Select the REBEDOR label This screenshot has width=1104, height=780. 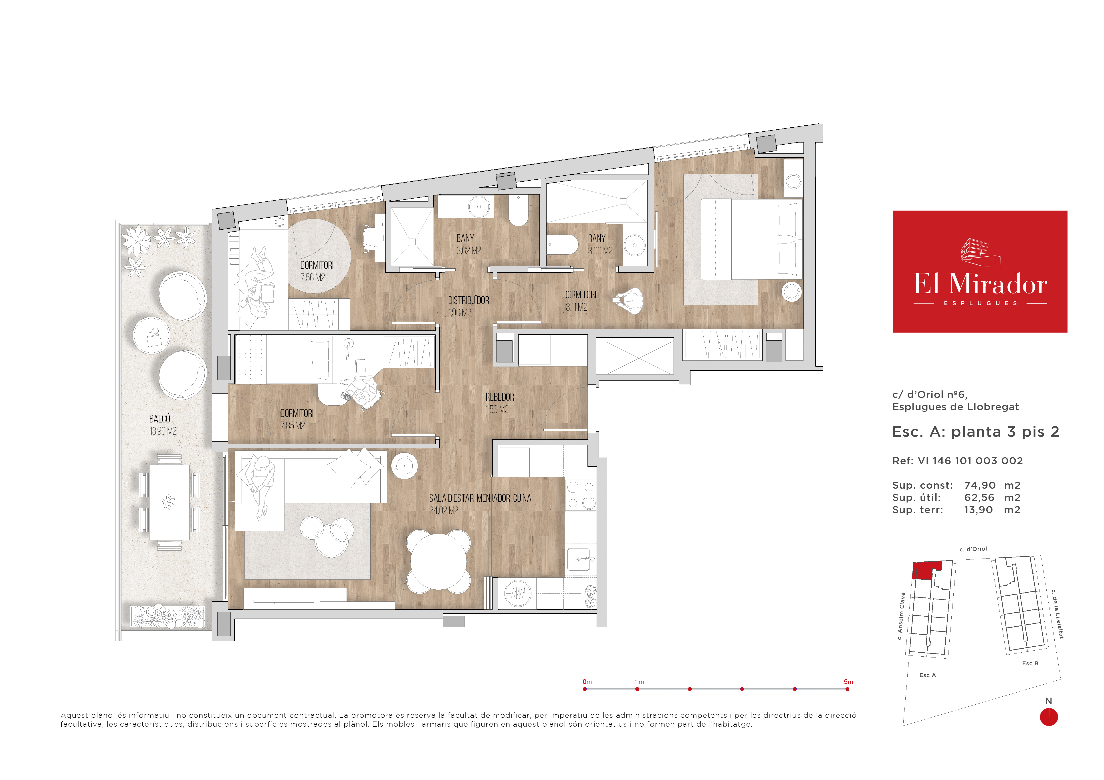[500, 397]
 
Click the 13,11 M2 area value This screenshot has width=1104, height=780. [575, 307]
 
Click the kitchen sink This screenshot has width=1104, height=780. [579, 559]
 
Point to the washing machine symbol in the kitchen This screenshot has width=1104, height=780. [517, 593]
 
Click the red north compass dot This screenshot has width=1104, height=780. [1049, 717]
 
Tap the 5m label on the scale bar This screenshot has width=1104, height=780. [848, 681]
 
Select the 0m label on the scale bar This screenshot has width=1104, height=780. [587, 681]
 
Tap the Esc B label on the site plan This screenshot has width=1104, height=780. [1030, 663]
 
